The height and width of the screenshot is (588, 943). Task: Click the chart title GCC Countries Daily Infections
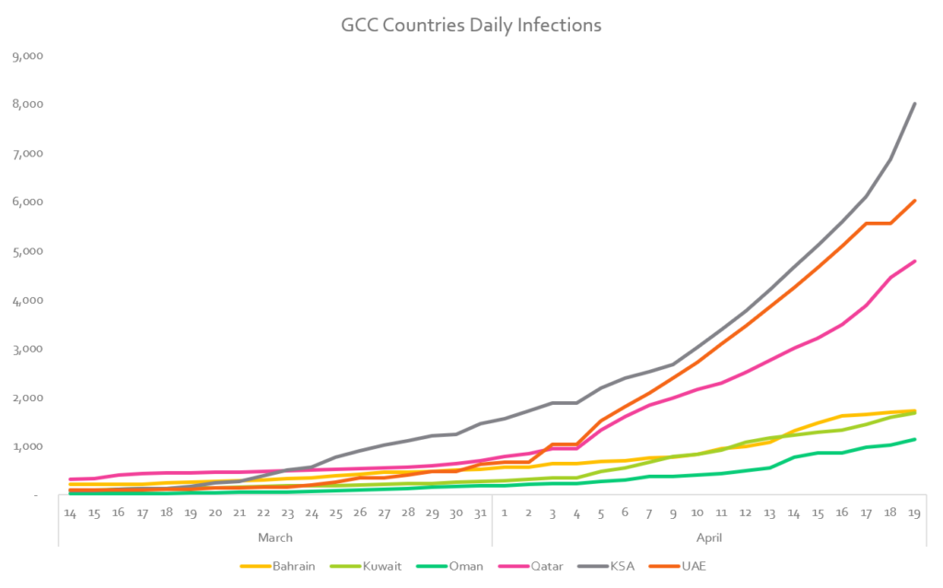pyautogui.click(x=471, y=25)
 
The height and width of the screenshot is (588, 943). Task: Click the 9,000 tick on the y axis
pyautogui.click(x=27, y=56)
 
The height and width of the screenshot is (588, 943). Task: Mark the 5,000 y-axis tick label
pyautogui.click(x=27, y=251)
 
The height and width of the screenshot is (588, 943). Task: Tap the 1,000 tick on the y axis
pyautogui.click(x=27, y=447)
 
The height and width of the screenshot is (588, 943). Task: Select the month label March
pyautogui.click(x=274, y=537)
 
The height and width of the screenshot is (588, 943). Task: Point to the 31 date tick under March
pyautogui.click(x=480, y=512)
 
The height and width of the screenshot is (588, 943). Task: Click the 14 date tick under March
pyautogui.click(x=70, y=512)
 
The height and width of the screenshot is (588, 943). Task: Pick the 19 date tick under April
pyautogui.click(x=914, y=512)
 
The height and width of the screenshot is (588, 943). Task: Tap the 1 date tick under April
pyautogui.click(x=505, y=512)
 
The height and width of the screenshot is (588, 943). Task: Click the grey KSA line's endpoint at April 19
pyautogui.click(x=914, y=103)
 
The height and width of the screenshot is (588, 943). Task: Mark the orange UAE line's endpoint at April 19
pyautogui.click(x=914, y=201)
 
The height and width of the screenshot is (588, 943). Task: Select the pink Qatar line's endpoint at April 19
pyautogui.click(x=914, y=261)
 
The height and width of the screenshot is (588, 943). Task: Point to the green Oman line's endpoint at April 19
pyautogui.click(x=914, y=439)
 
